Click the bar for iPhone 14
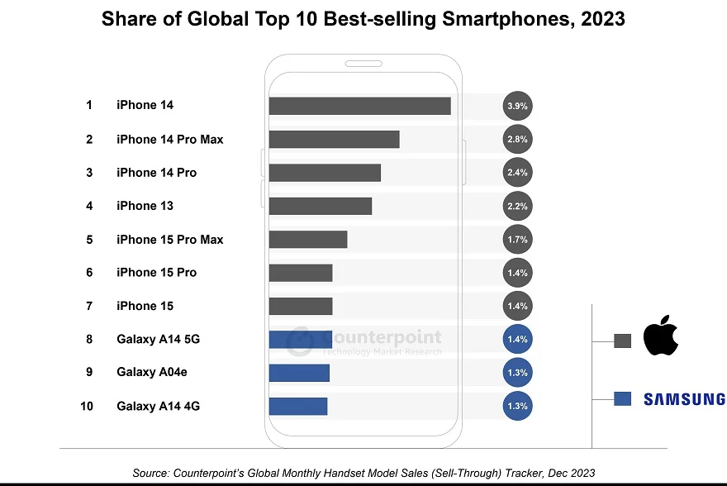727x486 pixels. (359, 106)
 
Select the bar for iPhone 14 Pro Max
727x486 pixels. (334, 140)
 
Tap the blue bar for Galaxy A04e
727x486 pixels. (299, 373)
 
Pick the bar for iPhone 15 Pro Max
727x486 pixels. (307, 240)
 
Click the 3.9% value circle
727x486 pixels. (517, 106)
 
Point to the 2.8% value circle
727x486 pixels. (517, 140)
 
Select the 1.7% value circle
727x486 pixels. (517, 240)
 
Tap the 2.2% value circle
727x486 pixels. (517, 206)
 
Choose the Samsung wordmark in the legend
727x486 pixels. (684, 399)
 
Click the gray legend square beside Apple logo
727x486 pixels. (623, 341)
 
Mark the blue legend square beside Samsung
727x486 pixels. (623, 399)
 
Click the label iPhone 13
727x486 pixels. (145, 206)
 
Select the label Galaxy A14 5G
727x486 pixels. (158, 339)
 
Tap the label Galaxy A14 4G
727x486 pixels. (158, 406)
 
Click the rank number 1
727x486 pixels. (88, 106)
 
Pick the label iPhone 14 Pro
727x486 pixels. (156, 173)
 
